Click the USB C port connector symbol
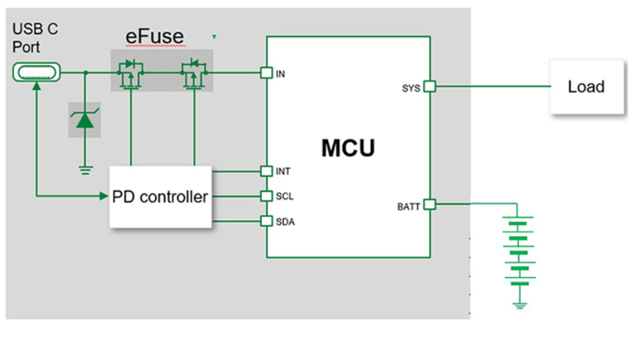(x=37, y=72)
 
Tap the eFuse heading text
(x=155, y=36)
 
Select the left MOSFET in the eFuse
(x=130, y=74)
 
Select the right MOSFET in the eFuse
(x=194, y=74)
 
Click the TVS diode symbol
(x=85, y=120)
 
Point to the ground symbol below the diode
(x=85, y=170)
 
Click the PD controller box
(x=160, y=196)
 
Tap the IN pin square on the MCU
(x=267, y=73)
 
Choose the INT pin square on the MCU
(x=267, y=170)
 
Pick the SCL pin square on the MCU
(x=267, y=196)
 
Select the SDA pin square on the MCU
(x=267, y=222)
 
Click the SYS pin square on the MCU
(x=430, y=87)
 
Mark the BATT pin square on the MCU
(x=430, y=204)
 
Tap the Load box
(x=586, y=87)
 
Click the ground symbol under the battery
(x=520, y=305)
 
